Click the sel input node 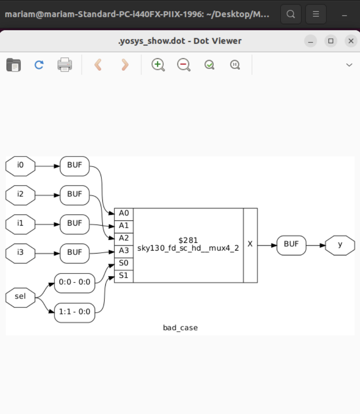coord(20,297)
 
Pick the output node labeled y coord(340,245)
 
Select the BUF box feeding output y coord(291,245)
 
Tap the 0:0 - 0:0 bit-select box coord(74,283)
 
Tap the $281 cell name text coord(188,240)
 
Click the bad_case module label coord(180,328)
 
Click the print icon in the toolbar coord(65,65)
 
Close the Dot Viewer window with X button coord(351,41)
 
